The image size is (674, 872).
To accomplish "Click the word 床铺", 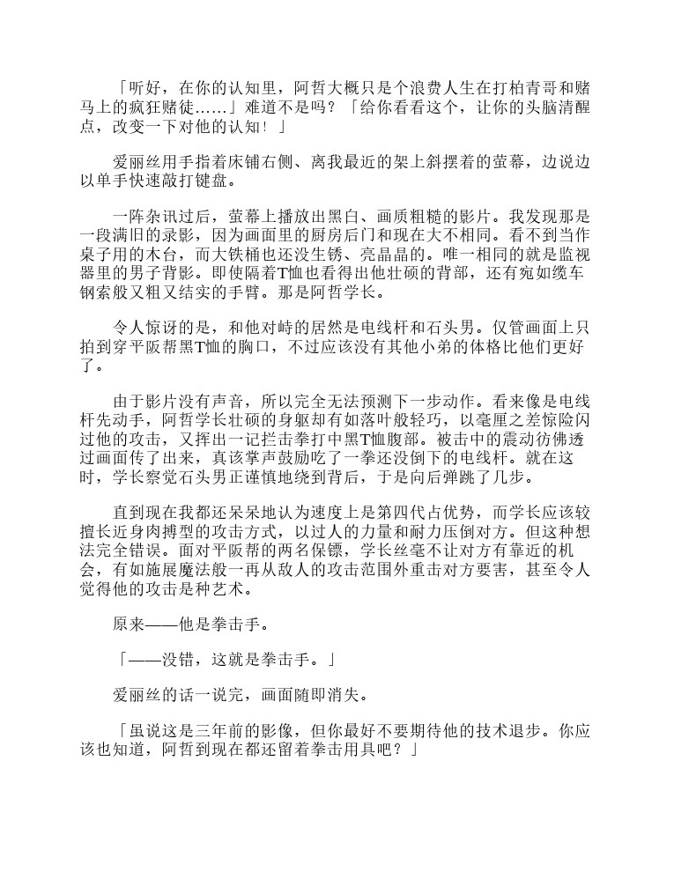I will pyautogui.click(x=257, y=164).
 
